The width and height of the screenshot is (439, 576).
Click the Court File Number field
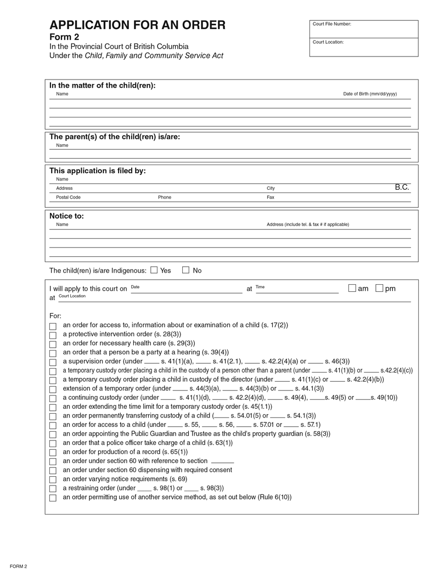[x=363, y=29]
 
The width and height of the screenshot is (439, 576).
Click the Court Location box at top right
[x=363, y=48]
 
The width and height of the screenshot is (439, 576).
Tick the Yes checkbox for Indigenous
[x=154, y=270]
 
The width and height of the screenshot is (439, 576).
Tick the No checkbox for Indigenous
[x=185, y=270]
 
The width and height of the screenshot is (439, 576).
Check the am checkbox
[x=352, y=288]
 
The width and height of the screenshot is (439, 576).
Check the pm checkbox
[x=379, y=288]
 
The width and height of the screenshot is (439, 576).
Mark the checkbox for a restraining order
[x=53, y=489]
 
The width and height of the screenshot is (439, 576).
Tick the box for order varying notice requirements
[x=53, y=480]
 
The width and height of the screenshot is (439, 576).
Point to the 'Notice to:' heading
[x=66, y=216]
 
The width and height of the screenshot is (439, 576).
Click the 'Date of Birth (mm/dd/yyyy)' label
[x=369, y=94]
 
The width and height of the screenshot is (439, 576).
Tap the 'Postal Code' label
[x=68, y=197]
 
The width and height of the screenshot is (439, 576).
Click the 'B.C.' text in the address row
[x=402, y=188]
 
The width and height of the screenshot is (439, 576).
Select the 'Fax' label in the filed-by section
[x=271, y=197]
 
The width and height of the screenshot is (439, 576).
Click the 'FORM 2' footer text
[x=18, y=566]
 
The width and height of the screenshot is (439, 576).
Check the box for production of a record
[x=53, y=453]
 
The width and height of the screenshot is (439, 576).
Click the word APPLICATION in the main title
[x=91, y=25]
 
